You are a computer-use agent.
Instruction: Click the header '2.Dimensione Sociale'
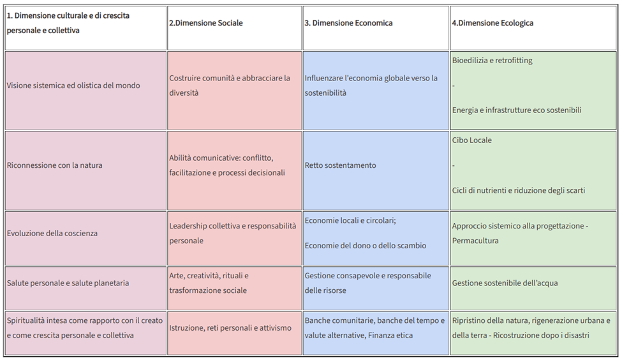point(206,23)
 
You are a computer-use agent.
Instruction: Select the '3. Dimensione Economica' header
point(348,23)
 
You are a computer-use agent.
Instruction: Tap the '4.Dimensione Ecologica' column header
point(492,23)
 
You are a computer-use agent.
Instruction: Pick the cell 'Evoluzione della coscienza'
point(52,234)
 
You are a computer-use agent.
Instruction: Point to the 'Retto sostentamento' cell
point(341,165)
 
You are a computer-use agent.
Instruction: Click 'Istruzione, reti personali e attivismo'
point(230,328)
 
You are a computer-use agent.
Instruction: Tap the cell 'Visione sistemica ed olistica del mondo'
point(73,86)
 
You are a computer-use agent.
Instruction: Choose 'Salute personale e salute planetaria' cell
point(68,283)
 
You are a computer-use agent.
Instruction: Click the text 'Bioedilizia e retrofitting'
point(492,61)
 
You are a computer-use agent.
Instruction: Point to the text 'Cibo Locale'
point(472,140)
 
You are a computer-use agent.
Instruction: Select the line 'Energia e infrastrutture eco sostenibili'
point(517,110)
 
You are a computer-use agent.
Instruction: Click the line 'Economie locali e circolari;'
point(351,221)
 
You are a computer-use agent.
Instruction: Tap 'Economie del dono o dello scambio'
point(366,246)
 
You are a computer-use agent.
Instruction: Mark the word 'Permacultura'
point(475,241)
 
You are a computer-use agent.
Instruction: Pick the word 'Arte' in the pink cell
point(177,276)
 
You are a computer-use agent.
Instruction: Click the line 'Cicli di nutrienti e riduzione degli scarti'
point(519,190)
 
